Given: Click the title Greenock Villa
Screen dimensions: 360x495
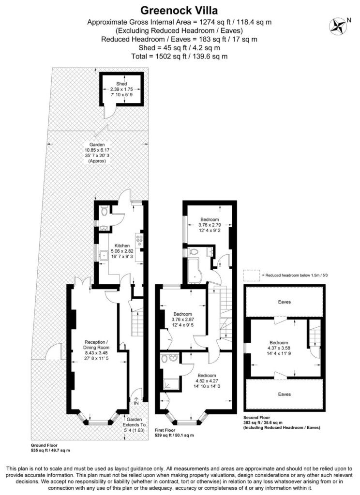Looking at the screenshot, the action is pyautogui.click(x=179, y=11).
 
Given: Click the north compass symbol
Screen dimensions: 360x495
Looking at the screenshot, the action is pyautogui.click(x=338, y=25).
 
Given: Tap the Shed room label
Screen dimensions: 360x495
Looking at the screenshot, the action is pyautogui.click(x=121, y=84).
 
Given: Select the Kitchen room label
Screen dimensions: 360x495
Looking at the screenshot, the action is pyautogui.click(x=121, y=246).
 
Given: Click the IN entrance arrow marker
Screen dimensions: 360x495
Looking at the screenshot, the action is pyautogui.click(x=136, y=401).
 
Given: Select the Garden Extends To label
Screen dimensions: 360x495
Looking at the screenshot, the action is pyautogui.click(x=135, y=425).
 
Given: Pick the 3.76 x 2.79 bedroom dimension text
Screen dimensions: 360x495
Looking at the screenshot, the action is pyautogui.click(x=210, y=225).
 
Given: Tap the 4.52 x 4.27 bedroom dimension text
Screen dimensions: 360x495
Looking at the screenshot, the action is pyautogui.click(x=207, y=381).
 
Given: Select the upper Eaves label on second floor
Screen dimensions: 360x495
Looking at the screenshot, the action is pyautogui.click(x=284, y=302).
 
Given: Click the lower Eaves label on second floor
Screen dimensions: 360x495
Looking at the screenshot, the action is pyautogui.click(x=284, y=394).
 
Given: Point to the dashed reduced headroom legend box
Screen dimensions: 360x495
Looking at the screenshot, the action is pyautogui.click(x=251, y=275).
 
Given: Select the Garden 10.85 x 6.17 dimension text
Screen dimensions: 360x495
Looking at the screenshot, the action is pyautogui.click(x=97, y=150).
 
